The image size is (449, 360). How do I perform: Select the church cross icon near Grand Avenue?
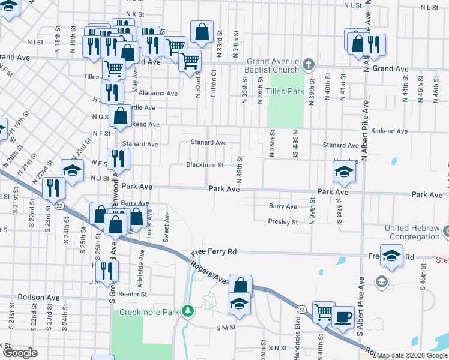tap(309, 64)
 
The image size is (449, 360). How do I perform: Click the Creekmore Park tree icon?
tap(188, 311)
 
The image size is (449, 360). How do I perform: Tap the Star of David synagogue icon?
tap(447, 231)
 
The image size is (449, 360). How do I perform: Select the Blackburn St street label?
tap(205, 165)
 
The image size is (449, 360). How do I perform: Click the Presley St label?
tap(283, 222)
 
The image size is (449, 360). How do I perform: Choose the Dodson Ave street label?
tap(39, 297)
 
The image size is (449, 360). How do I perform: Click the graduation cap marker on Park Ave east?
tap(344, 173)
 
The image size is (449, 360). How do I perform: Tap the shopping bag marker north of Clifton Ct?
tap(202, 32)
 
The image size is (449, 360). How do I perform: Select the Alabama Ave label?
tap(158, 94)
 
